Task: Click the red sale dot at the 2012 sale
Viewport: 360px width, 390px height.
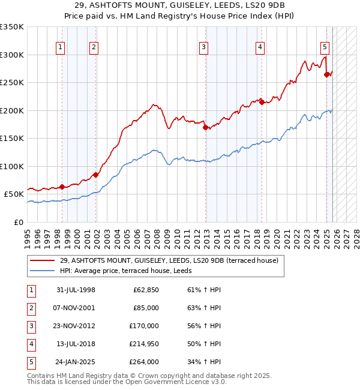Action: [x=205, y=127]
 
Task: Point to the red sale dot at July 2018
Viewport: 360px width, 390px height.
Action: [x=262, y=103]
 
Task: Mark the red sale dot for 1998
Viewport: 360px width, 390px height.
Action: [x=62, y=187]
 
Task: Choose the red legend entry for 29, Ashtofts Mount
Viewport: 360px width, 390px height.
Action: [x=169, y=261]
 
